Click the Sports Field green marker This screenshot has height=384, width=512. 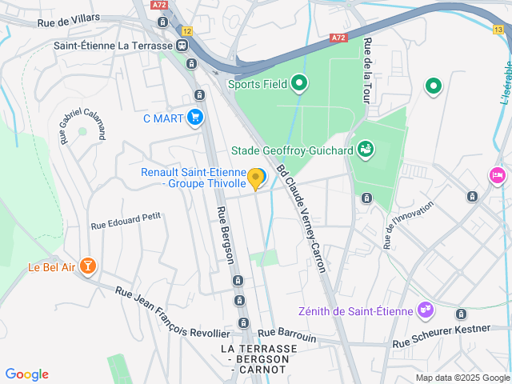[x=299, y=82]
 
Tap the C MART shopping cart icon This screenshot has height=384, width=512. [x=195, y=118]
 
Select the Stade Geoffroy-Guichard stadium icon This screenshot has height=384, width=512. [x=366, y=149]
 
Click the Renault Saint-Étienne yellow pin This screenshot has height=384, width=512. [x=256, y=178]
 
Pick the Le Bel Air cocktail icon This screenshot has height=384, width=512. [x=88, y=266]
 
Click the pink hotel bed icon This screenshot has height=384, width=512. [x=497, y=175]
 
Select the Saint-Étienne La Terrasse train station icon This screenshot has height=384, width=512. [x=183, y=46]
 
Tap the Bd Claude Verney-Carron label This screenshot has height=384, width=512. [x=302, y=218]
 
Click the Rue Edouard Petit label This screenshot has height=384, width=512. [x=126, y=215]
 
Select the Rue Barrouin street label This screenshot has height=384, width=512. [x=286, y=334]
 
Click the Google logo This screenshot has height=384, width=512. [x=27, y=374]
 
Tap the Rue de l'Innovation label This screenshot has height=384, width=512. [x=408, y=225]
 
